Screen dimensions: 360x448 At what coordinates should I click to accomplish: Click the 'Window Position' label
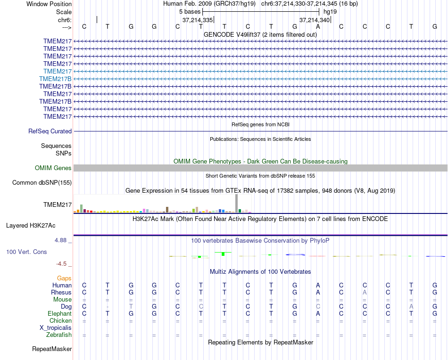tap(49, 4)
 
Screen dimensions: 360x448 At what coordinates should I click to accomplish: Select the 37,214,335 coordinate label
tap(198, 20)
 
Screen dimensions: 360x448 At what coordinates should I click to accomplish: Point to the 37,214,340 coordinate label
tap(315, 20)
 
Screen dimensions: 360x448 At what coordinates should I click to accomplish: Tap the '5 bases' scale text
tap(190, 11)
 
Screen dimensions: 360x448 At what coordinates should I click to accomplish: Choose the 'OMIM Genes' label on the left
tap(53, 168)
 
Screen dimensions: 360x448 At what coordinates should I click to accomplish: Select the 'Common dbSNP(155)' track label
tap(42, 183)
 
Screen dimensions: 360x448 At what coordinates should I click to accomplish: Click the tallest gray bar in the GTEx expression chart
tap(237, 204)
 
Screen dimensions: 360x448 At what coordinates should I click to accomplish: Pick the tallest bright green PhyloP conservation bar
tap(223, 254)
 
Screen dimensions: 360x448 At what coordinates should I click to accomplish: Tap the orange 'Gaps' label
tap(64, 278)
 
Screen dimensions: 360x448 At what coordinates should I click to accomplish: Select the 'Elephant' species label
tap(59, 314)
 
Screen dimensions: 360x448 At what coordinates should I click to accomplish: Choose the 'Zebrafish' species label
tap(59, 335)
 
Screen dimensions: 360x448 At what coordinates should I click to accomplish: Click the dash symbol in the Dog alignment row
tap(108, 307)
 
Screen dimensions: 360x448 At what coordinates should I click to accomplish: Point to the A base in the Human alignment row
tap(318, 286)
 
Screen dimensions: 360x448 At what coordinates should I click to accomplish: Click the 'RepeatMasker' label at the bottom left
tap(52, 349)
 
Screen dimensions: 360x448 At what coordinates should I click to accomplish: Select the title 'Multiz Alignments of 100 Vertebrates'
tap(260, 272)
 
